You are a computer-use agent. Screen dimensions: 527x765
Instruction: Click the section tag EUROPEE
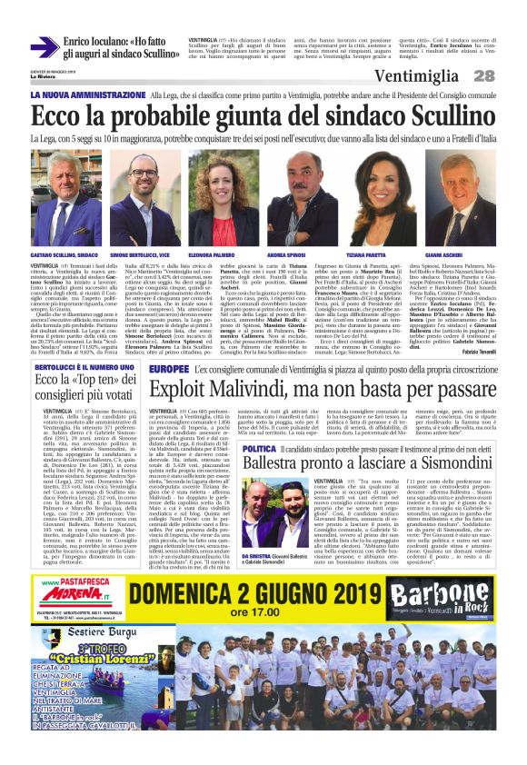point(169,370)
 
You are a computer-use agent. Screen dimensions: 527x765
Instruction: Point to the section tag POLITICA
point(259,450)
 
